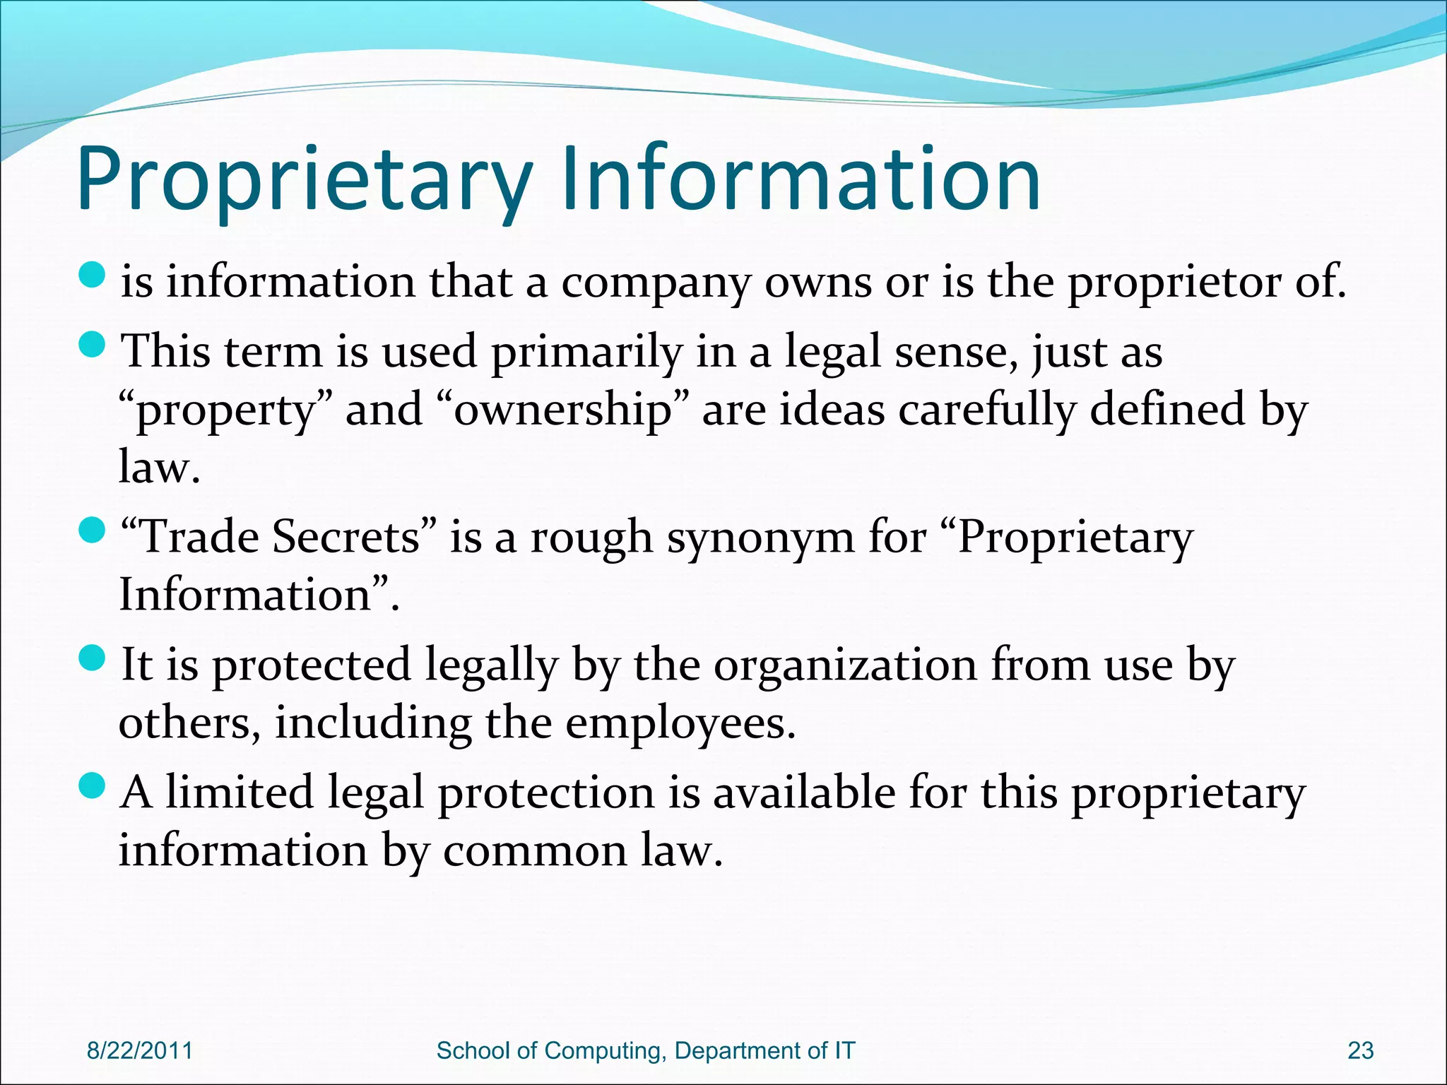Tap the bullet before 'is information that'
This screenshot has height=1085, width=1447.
(x=92, y=274)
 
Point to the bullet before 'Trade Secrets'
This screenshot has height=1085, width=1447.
(x=92, y=530)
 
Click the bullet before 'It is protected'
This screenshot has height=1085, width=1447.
(x=92, y=658)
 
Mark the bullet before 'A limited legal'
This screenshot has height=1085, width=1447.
(x=92, y=785)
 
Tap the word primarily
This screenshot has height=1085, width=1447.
(x=586, y=353)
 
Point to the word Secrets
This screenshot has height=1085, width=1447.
(x=346, y=537)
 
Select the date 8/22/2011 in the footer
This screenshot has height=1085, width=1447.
(x=139, y=1050)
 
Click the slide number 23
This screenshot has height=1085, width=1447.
(x=1360, y=1050)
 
